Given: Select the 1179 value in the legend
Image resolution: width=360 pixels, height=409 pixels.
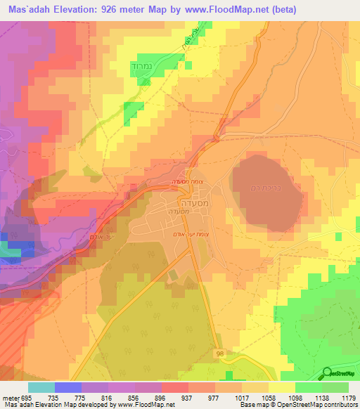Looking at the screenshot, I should coord(349,397).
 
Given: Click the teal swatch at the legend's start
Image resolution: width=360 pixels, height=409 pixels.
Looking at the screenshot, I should coord(41,387).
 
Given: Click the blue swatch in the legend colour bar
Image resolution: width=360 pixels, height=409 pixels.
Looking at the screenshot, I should coord(67,387).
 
